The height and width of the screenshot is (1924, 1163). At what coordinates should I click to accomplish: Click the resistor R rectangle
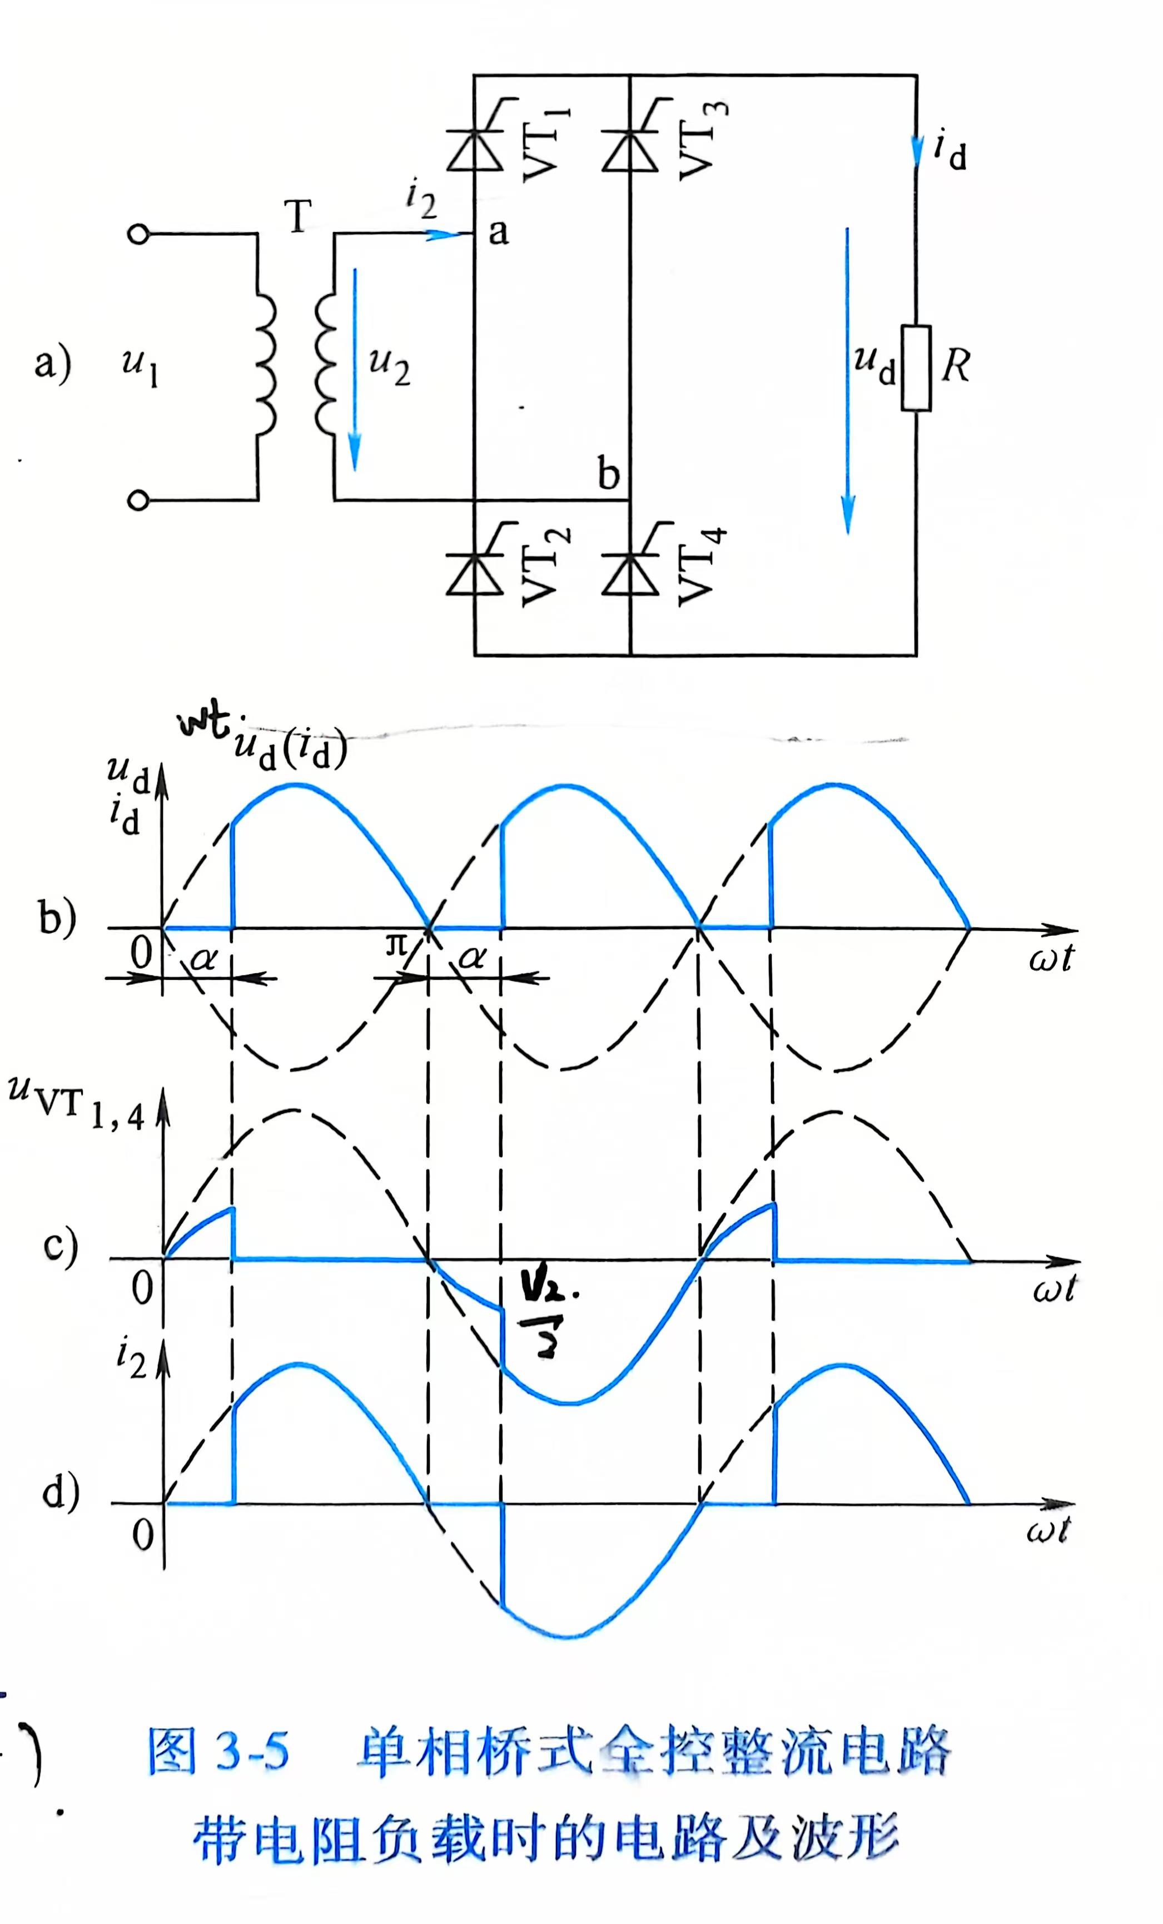(916, 368)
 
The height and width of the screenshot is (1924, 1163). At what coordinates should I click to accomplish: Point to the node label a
(498, 232)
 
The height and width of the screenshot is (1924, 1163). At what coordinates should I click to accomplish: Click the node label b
(608, 474)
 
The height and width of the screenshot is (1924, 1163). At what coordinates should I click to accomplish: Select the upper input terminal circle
(138, 234)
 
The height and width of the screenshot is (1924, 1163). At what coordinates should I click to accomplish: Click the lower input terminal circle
(138, 500)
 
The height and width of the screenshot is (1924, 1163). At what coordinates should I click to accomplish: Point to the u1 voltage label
(141, 367)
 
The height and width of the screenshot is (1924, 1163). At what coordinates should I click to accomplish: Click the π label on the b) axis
(396, 947)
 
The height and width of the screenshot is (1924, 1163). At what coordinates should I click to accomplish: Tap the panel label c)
(60, 1247)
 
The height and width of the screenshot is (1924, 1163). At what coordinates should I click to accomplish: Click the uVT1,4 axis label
(77, 1101)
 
